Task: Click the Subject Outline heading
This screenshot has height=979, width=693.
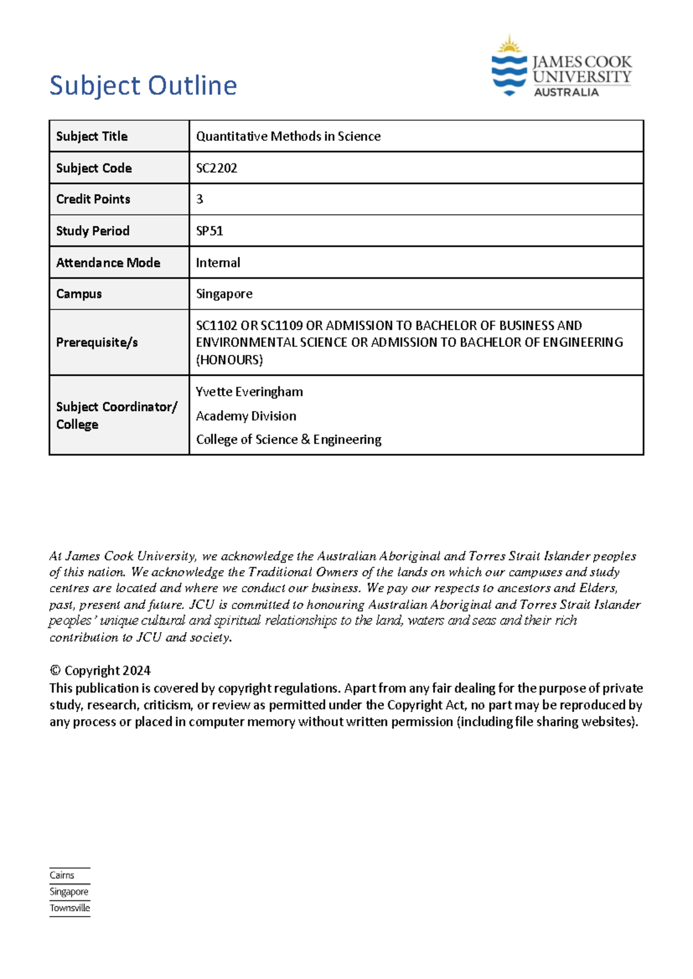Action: click(x=143, y=86)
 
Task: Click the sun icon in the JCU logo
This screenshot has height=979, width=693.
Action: click(x=509, y=44)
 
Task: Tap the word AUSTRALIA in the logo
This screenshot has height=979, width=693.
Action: click(x=566, y=92)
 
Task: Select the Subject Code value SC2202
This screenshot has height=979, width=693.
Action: click(x=217, y=168)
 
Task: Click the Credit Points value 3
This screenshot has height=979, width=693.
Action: click(x=200, y=199)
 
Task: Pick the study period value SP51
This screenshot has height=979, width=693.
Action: click(x=210, y=231)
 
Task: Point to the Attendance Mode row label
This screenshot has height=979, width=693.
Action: click(x=108, y=263)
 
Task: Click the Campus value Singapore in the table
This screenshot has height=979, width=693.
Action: click(x=224, y=294)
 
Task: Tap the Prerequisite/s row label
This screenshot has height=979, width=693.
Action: click(x=97, y=342)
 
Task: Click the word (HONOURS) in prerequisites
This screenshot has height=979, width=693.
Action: click(x=229, y=360)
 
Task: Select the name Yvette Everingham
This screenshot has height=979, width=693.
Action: click(x=249, y=392)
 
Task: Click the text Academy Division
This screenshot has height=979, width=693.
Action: click(x=246, y=416)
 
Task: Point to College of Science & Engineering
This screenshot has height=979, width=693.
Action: click(x=289, y=440)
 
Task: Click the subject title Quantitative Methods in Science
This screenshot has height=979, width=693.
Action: click(x=288, y=136)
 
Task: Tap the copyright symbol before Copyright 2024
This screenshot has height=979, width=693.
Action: click(x=55, y=671)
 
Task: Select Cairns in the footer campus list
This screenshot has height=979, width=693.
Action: click(x=62, y=875)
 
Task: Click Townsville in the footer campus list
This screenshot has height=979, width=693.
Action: click(x=70, y=908)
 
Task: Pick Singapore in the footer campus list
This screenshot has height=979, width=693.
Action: click(x=69, y=892)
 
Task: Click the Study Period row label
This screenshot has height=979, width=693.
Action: click(x=92, y=231)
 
